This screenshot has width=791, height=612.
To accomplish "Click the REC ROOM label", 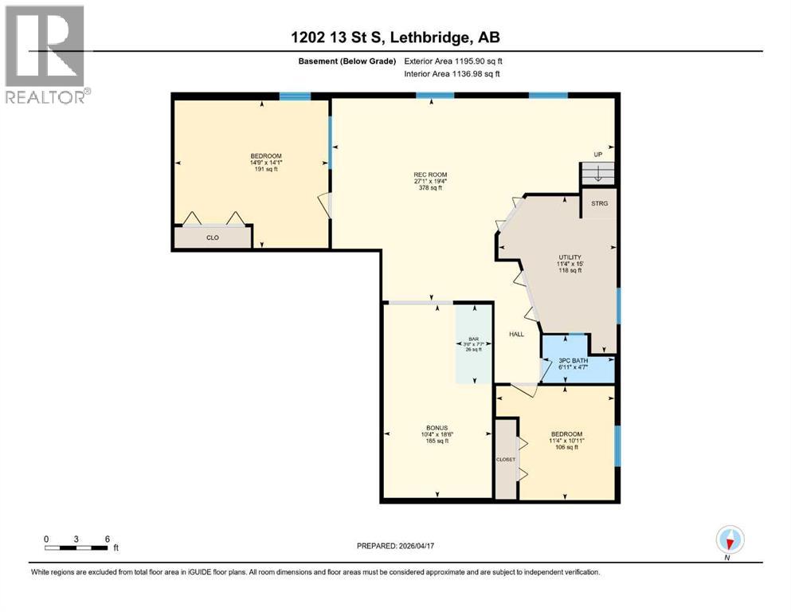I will [430, 175].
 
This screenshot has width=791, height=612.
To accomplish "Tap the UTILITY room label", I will [570, 257].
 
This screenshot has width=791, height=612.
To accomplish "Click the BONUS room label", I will [437, 428].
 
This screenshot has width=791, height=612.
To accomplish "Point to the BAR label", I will [473, 339].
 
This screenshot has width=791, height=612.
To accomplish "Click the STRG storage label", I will [599, 203].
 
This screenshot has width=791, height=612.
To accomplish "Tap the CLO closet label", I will [212, 237].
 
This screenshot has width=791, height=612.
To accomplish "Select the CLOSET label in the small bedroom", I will [506, 459].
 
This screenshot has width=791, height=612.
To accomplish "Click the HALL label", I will [517, 334].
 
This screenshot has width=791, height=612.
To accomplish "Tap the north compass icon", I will [729, 540].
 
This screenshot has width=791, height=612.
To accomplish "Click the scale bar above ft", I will [77, 547].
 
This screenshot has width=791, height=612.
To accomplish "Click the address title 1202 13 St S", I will [396, 37].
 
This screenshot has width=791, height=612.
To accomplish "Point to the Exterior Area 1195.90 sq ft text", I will [453, 61].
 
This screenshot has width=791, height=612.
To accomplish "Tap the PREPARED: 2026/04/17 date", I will [395, 546].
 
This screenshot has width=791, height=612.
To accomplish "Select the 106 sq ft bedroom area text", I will [567, 447].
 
